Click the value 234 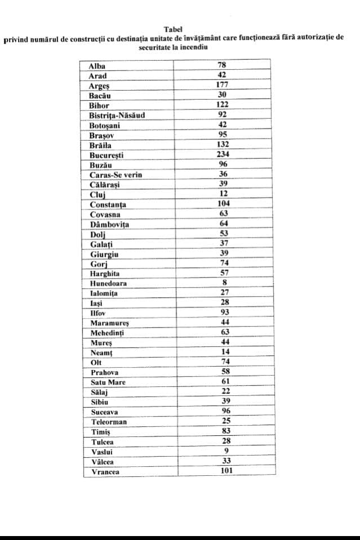223,154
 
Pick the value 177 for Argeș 223,85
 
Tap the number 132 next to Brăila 223,144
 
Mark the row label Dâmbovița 110,224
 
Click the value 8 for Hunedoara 224,283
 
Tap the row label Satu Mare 108,382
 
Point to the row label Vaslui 101,452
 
